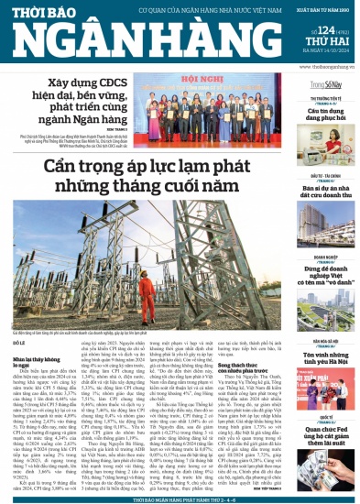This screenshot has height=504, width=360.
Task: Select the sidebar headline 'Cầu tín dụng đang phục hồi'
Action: (x=311, y=117)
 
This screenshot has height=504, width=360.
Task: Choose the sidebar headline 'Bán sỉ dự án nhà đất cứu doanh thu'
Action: (x=311, y=189)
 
